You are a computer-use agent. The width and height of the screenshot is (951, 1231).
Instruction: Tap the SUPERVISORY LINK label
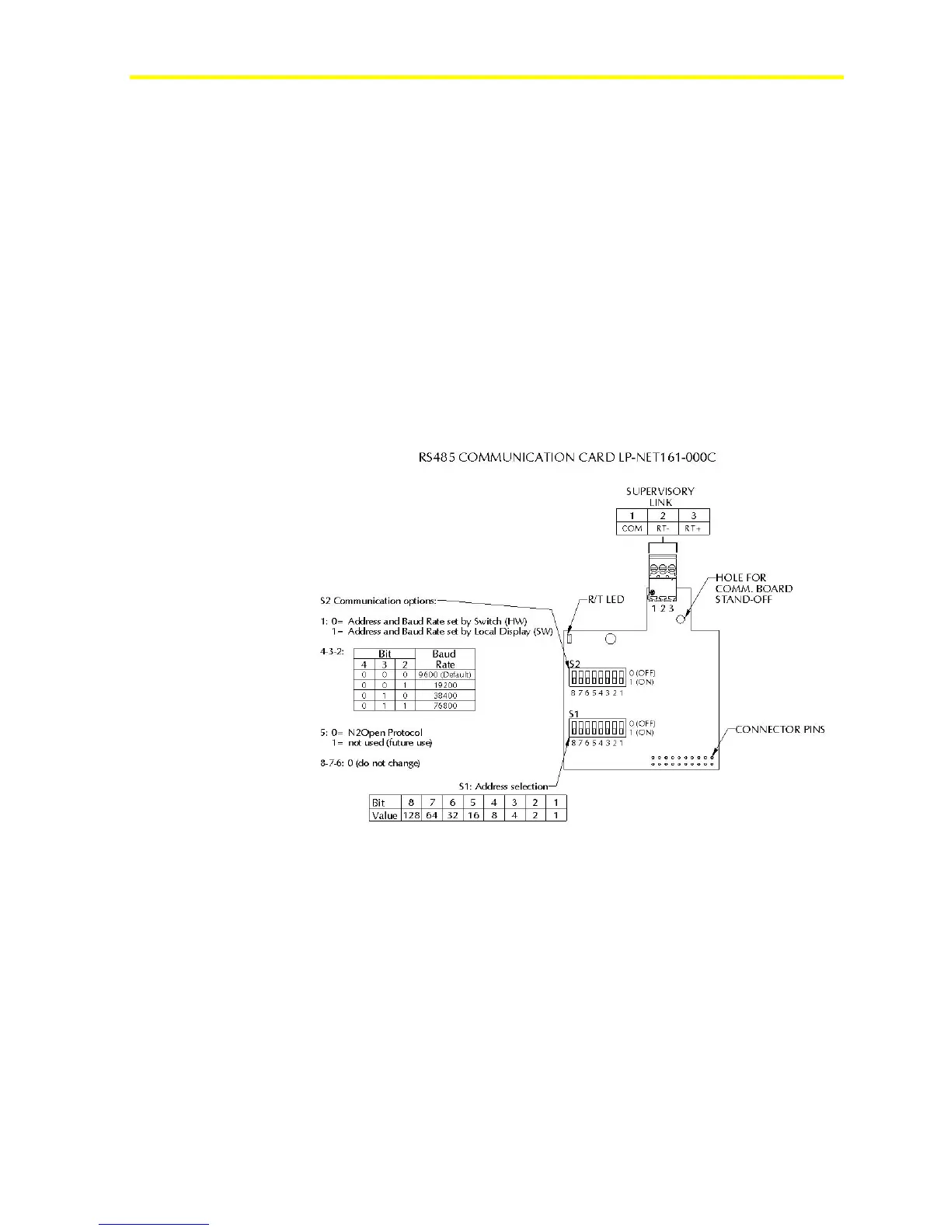click(x=660, y=496)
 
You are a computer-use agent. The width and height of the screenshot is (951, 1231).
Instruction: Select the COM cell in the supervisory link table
click(x=632, y=528)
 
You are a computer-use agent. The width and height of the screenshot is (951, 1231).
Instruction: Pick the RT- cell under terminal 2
click(x=663, y=528)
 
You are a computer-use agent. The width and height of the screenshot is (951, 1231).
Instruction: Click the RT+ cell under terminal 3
click(x=694, y=528)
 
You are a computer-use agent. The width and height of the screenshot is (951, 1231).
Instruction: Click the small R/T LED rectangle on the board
click(x=570, y=639)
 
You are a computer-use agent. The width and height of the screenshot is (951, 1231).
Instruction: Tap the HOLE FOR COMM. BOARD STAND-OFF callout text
click(x=753, y=588)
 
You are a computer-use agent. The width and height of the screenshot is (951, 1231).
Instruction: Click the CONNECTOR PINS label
click(x=780, y=729)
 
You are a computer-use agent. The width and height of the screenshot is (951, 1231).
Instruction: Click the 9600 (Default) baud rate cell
click(x=444, y=675)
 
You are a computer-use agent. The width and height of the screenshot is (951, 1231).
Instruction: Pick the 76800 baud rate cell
click(x=444, y=706)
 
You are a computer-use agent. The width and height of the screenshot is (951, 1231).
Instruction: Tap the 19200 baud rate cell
click(x=444, y=685)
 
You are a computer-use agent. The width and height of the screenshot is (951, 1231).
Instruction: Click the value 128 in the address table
click(x=411, y=815)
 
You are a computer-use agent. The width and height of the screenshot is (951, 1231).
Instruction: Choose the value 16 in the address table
click(x=473, y=815)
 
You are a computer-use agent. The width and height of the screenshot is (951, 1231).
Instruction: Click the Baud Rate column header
click(x=444, y=659)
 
